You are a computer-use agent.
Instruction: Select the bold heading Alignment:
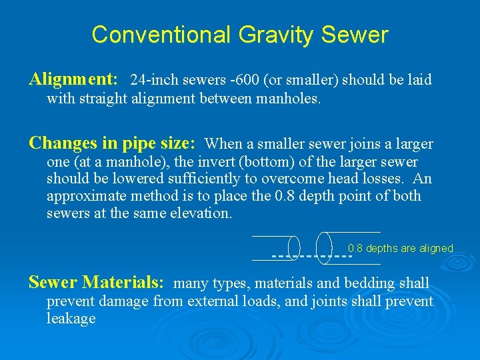73,79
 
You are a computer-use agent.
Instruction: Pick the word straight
103,100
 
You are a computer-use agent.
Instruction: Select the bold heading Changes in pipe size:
112,143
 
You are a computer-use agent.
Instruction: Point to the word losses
383,179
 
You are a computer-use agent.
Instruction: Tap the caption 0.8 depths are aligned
400,249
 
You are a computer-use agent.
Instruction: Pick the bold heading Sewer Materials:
96,282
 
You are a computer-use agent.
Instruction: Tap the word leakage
71,319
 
